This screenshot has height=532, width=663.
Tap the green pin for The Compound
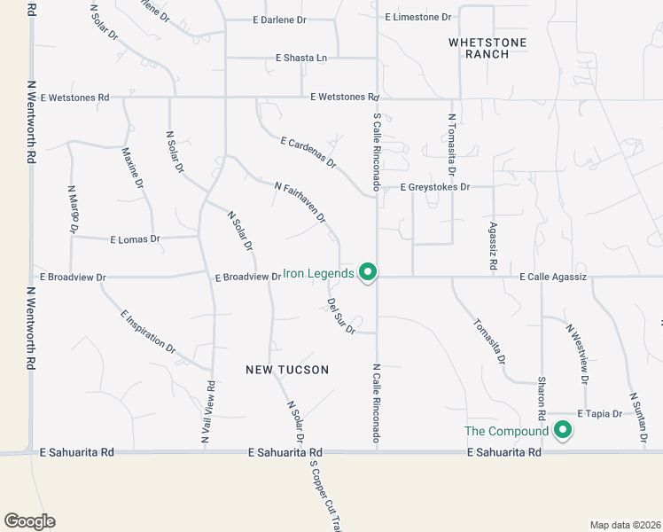click(562, 431)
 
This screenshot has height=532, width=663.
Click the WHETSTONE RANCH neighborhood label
click(487, 48)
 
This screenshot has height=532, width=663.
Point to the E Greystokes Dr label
click(434, 188)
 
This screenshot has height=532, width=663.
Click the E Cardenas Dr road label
click(308, 153)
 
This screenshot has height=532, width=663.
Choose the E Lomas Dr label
click(135, 239)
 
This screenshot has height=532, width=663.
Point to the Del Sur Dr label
click(341, 317)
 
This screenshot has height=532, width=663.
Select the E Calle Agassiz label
click(553, 278)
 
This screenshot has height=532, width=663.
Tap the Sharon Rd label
click(541, 400)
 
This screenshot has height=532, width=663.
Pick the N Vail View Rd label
click(209, 412)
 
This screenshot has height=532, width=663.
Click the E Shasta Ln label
click(301, 58)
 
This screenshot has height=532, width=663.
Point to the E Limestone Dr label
click(418, 17)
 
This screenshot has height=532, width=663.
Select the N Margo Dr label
click(73, 209)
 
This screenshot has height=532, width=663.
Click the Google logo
click(29, 521)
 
